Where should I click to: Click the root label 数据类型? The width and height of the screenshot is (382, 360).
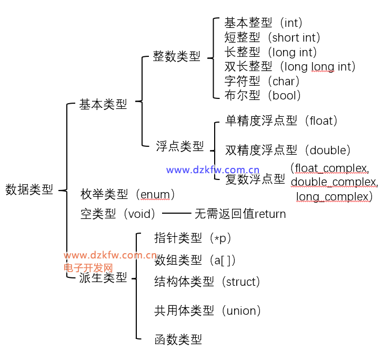coord(29,190)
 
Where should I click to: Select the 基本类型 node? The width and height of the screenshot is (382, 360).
coord(103,104)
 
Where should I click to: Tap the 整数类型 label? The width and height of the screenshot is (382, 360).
coord(177,57)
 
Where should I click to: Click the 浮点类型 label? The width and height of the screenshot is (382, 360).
coord(180,146)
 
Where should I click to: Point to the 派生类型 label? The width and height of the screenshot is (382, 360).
coord(103,278)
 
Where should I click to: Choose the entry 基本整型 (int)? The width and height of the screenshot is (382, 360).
coord(263,23)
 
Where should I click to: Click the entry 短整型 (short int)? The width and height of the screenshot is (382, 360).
coord(272,37)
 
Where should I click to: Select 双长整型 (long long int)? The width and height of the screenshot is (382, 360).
coord(290,66)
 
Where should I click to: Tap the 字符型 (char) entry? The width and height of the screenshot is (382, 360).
coord(262,81)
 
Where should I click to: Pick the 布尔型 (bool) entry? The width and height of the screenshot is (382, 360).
coord(263,95)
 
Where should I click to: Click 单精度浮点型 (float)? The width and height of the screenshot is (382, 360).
coord(282,121)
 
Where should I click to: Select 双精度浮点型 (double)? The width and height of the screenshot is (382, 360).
coord(288,150)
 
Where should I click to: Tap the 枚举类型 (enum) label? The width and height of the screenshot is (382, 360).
coord(128,194)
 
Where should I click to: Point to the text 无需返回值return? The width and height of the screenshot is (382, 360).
coord(240,214)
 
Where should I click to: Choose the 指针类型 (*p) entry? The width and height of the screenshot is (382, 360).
coord(193,238)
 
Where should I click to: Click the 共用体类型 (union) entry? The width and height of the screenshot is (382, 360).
coord(208,311)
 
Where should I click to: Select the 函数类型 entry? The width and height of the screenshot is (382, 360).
coord(178,339)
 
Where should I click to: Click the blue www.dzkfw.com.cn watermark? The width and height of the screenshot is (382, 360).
coord(213,170)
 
